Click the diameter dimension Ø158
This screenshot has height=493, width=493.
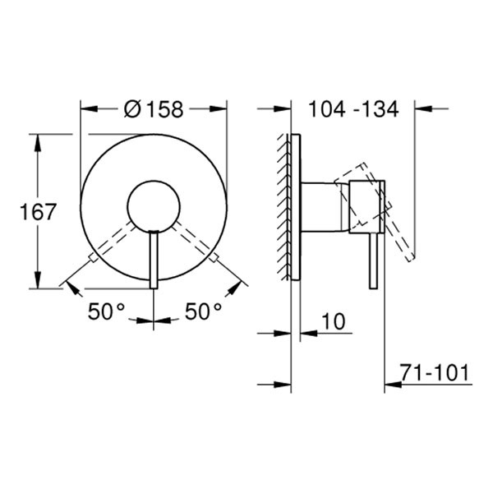coord(154,108)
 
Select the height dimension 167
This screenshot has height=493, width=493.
coord(38,211)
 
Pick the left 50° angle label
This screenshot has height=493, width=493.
coord(107,311)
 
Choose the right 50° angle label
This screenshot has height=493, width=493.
coord(202,311)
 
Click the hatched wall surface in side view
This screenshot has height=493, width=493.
coord(284,205)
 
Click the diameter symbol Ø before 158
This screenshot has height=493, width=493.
coord(133,108)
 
